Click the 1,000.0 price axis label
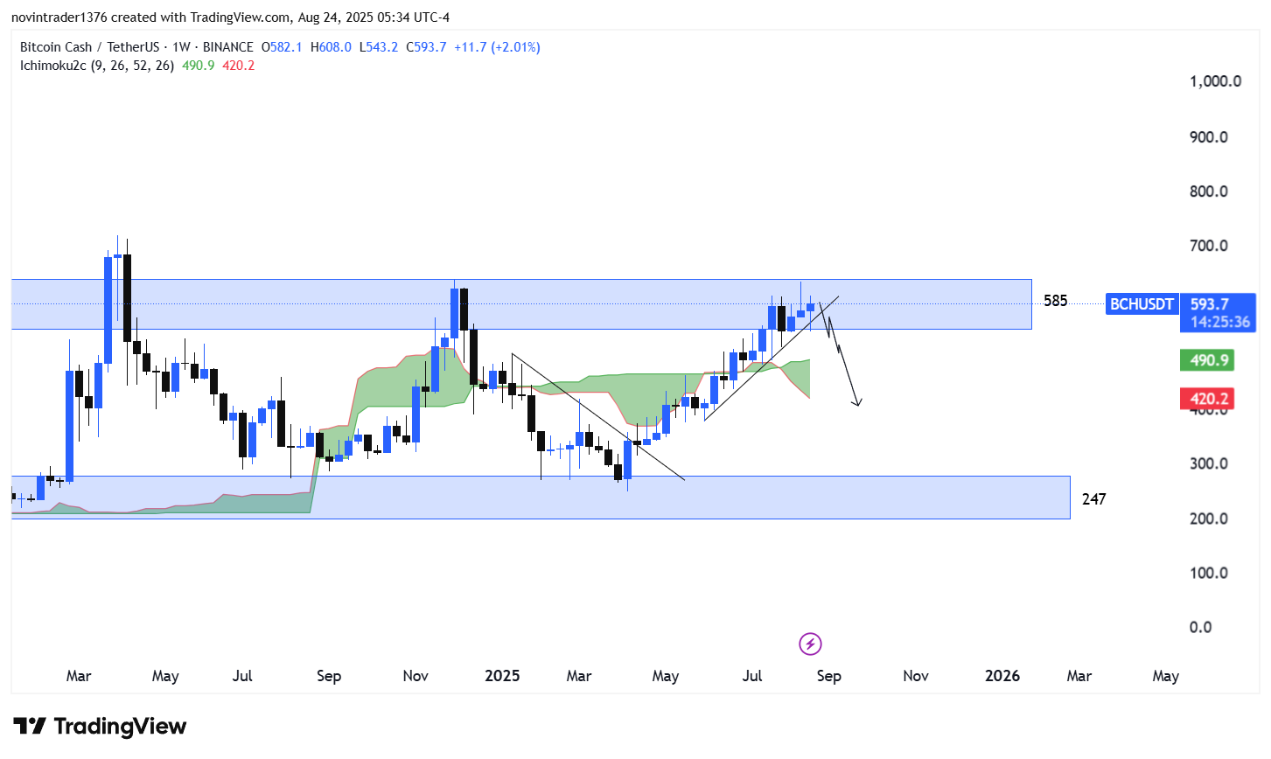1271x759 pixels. click(x=1215, y=81)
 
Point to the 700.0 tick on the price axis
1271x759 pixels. click(x=1209, y=246)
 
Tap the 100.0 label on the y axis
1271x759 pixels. click(x=1209, y=573)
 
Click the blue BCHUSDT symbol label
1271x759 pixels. click(x=1142, y=304)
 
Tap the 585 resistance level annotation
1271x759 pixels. click(x=1056, y=301)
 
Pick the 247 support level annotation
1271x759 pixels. click(x=1093, y=499)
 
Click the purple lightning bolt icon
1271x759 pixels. click(x=810, y=644)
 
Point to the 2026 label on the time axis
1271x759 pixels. click(x=1002, y=676)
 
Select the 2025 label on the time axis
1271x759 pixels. click(x=502, y=676)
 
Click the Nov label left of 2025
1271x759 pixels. click(x=416, y=676)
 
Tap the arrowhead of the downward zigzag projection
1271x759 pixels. click(x=857, y=403)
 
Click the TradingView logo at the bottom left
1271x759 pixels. click(x=100, y=727)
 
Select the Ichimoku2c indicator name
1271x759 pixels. click(x=53, y=66)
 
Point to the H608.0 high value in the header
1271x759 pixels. click(x=331, y=47)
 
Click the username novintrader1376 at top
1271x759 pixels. click(x=59, y=17)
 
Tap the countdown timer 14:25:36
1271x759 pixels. click(x=1220, y=322)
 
